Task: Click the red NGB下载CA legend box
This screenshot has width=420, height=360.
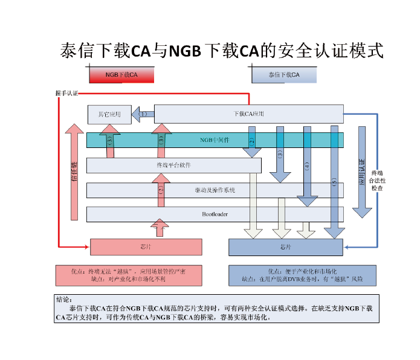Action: (121, 75)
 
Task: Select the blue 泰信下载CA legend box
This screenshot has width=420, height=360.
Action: (283, 75)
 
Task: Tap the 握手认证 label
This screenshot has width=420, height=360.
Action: (66, 94)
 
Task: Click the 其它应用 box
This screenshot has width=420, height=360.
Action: (109, 114)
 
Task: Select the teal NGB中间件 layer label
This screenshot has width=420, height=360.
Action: (215, 140)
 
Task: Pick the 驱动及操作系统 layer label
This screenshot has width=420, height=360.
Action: (215, 190)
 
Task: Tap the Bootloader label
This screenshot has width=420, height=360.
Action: (215, 214)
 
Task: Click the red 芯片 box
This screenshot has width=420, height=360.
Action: (146, 247)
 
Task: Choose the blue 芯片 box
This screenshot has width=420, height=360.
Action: (286, 247)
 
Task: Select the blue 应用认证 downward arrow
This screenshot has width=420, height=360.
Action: (362, 172)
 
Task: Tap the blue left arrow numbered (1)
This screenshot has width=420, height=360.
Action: (143, 114)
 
